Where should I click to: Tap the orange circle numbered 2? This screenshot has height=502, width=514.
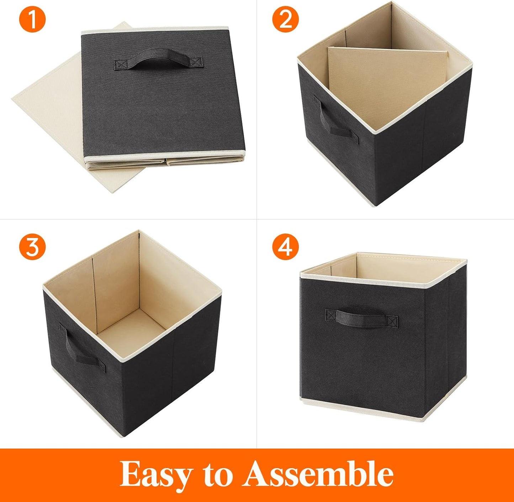(285, 20)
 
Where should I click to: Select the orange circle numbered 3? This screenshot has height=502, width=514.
(32, 247)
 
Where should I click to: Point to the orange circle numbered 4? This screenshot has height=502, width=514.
(285, 247)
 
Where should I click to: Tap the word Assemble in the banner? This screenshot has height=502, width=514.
(318, 474)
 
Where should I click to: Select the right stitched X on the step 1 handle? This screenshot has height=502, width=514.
(195, 62)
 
